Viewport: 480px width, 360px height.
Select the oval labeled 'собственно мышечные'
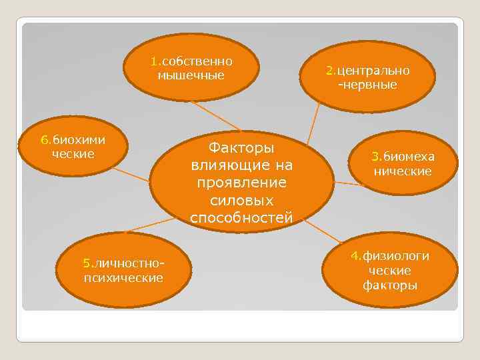pyautogui.click(x=191, y=68)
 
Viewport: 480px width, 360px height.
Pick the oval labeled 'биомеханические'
pyautogui.click(x=403, y=164)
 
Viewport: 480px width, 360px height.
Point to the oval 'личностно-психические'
pyautogui.click(x=123, y=270)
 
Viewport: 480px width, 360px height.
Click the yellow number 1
pyautogui.click(x=154, y=61)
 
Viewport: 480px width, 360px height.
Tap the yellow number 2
pyautogui.click(x=329, y=71)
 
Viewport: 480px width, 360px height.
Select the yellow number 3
pyautogui.click(x=375, y=157)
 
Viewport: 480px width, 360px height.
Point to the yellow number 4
pyautogui.click(x=356, y=257)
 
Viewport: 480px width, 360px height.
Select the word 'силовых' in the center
pyautogui.click(x=241, y=201)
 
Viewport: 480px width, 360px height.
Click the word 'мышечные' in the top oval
pyautogui.click(x=191, y=75)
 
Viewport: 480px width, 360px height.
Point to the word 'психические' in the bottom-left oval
pyautogui.click(x=123, y=277)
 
